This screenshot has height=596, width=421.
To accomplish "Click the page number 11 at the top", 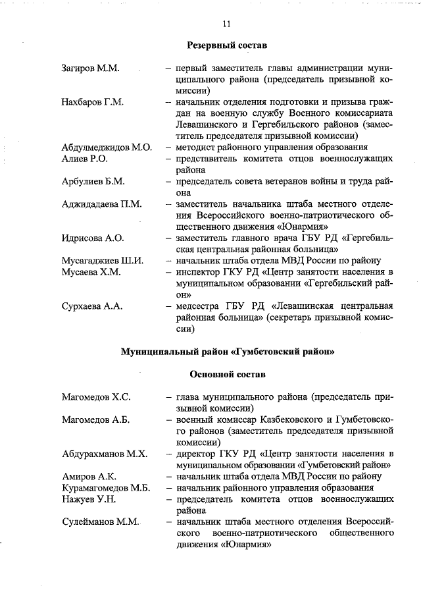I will pos(226,24).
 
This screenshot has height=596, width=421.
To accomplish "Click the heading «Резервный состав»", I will pos(227,46).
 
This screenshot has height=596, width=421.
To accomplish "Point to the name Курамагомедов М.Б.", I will pos(107,488).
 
